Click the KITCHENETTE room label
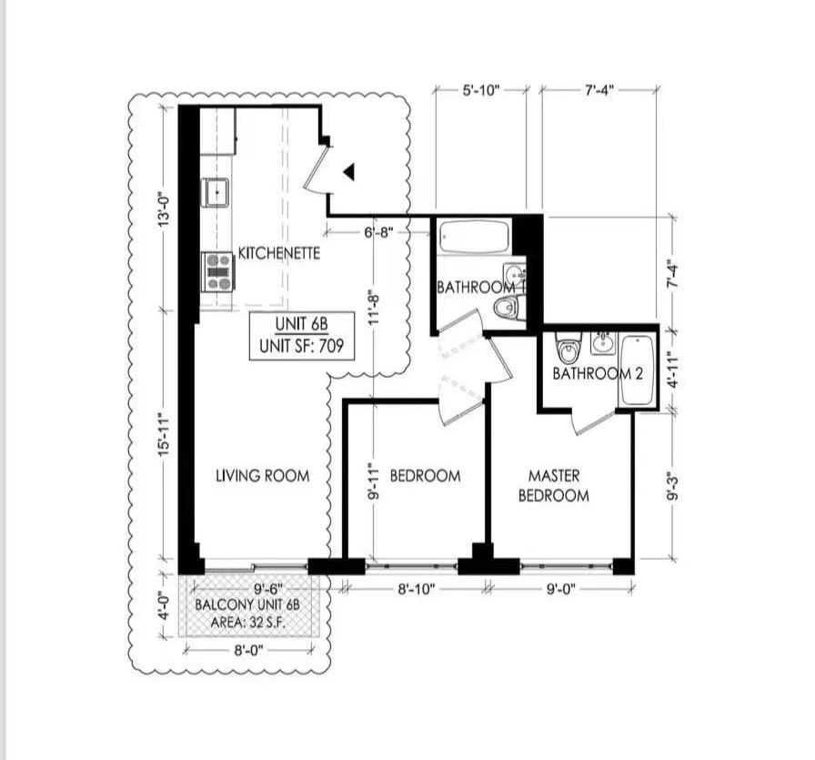[279, 253]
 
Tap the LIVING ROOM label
[262, 475]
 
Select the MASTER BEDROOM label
[553, 486]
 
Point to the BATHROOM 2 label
[591, 374]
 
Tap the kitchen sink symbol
[216, 192]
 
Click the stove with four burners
[218, 271]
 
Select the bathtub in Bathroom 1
[473, 238]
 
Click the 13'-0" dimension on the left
[164, 210]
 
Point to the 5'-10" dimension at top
[480, 90]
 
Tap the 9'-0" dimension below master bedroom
[557, 589]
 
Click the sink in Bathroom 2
[602, 343]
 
